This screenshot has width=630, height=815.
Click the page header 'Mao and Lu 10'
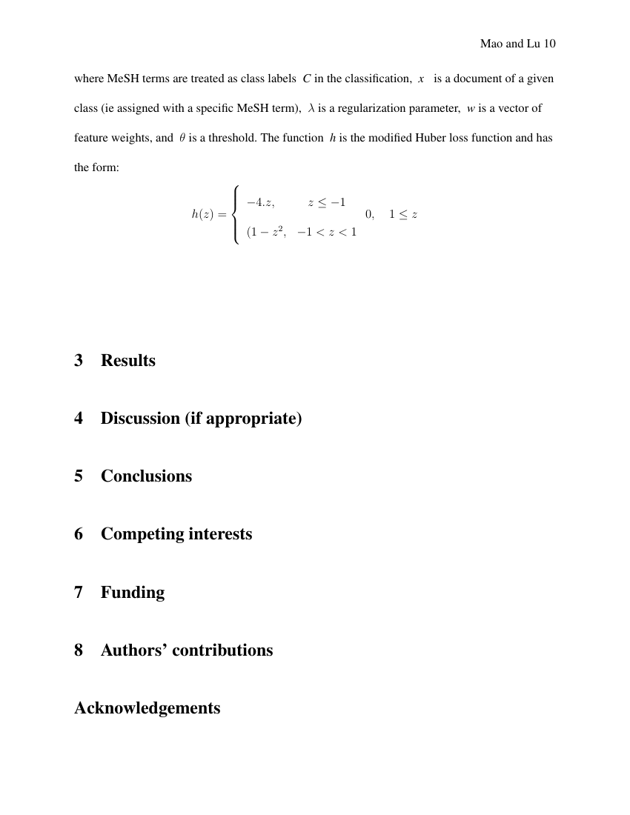pos(517,44)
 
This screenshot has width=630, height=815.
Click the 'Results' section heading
pos(128,361)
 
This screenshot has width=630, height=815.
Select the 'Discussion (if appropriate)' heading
pos(201,419)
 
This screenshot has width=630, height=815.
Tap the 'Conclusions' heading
pos(146,476)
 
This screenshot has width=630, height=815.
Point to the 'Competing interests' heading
pos(176,534)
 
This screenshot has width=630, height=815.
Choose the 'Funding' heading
pos(133,592)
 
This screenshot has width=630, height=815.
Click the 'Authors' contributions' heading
pos(187,650)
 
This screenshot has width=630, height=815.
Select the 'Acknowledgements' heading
pos(147,708)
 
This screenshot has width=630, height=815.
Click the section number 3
pos(79,361)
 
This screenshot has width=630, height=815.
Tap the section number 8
pos(79,650)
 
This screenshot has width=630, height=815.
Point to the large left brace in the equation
pos(236,214)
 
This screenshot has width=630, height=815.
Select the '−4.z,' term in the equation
pos(261,202)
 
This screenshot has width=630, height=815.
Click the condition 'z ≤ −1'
pos(327,202)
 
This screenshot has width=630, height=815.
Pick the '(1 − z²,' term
pos(266,232)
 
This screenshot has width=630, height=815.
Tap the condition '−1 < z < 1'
pos(327,232)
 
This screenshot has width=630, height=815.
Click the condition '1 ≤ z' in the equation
pos(403,214)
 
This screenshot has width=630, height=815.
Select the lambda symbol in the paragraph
pos(311,108)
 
